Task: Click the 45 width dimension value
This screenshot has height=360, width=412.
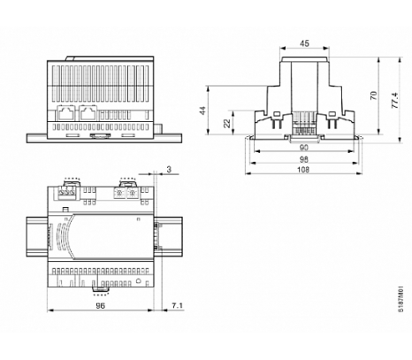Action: point(304,43)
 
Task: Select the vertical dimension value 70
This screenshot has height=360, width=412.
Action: point(373,96)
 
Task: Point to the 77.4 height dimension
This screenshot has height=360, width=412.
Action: point(395,101)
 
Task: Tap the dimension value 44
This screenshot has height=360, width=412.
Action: point(202,111)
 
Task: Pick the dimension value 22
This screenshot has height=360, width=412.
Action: point(226,123)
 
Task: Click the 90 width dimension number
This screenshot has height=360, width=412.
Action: point(303,148)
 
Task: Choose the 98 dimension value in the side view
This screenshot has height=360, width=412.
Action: point(303,159)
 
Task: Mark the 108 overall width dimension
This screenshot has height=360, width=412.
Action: point(303,170)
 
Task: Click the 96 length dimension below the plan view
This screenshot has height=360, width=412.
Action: point(100,306)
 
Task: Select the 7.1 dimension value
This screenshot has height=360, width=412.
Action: point(177,306)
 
